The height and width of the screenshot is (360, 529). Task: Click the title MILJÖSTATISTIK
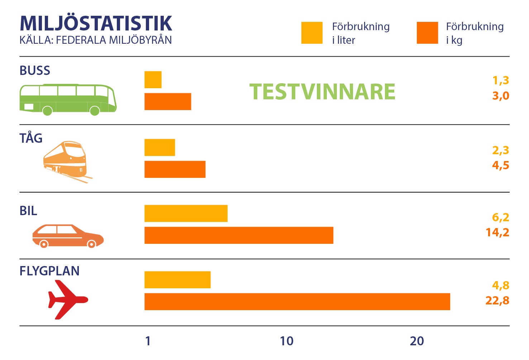(96, 23)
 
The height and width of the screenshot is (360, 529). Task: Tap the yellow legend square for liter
(312, 33)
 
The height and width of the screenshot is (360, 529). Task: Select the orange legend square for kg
(427, 33)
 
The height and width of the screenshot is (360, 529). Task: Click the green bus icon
(68, 100)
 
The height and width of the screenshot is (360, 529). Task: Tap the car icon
(68, 236)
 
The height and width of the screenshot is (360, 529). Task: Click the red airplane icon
(68, 299)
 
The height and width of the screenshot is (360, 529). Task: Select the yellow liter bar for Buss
(153, 80)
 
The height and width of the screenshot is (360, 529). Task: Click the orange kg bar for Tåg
(175, 169)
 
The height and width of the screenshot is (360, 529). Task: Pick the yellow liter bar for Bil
(186, 213)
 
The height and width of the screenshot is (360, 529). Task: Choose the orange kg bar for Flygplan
(297, 302)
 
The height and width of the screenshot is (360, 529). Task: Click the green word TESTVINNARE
(322, 92)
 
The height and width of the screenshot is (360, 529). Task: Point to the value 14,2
(497, 232)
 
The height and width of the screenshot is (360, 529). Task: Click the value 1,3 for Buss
(501, 81)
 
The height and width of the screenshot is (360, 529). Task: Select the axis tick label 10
(286, 341)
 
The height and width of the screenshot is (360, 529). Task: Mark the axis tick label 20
(417, 341)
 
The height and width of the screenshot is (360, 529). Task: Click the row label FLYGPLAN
(49, 271)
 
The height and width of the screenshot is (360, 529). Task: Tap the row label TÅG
(31, 138)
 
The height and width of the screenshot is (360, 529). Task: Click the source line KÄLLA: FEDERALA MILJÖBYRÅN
(96, 40)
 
